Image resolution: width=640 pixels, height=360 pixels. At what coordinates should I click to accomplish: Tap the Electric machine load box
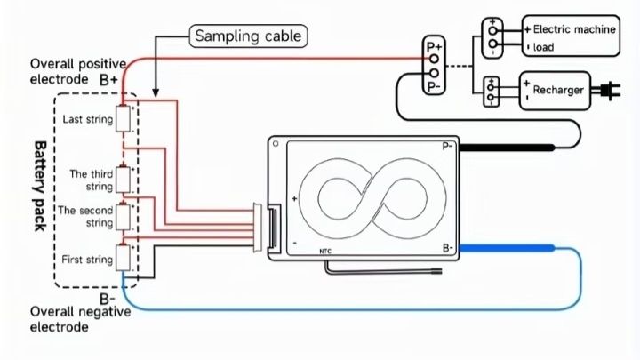pos(568,37)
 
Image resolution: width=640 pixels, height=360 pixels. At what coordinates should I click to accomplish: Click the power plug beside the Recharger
pos(612,90)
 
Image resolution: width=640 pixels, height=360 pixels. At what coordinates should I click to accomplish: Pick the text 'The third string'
pos(92,180)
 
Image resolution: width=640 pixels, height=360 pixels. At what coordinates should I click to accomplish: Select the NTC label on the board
pos(326,252)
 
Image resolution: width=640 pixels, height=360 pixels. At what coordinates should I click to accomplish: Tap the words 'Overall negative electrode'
pos(81,319)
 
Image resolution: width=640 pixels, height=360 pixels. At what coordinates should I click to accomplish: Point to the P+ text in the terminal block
pos(434,45)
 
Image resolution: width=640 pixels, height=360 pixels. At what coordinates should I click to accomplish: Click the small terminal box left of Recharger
pos(492,91)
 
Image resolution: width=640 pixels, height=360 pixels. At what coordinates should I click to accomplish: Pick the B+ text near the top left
pos(109,79)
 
